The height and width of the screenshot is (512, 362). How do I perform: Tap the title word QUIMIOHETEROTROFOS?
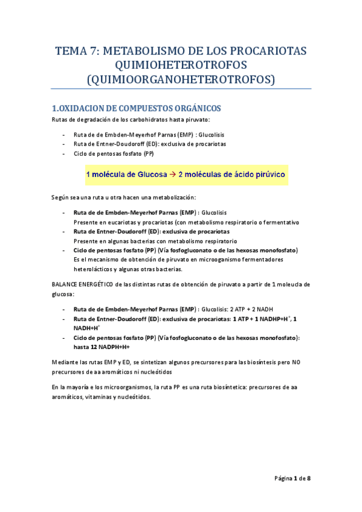click(181, 65)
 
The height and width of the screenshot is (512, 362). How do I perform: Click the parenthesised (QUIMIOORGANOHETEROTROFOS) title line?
click(181, 80)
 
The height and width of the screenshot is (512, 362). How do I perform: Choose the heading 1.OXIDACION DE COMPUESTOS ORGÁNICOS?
click(137, 109)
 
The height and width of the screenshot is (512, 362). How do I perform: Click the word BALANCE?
click(65, 284)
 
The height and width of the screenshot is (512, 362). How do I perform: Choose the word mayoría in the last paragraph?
click(83, 387)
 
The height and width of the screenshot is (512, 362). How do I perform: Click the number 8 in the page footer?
click(308, 479)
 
